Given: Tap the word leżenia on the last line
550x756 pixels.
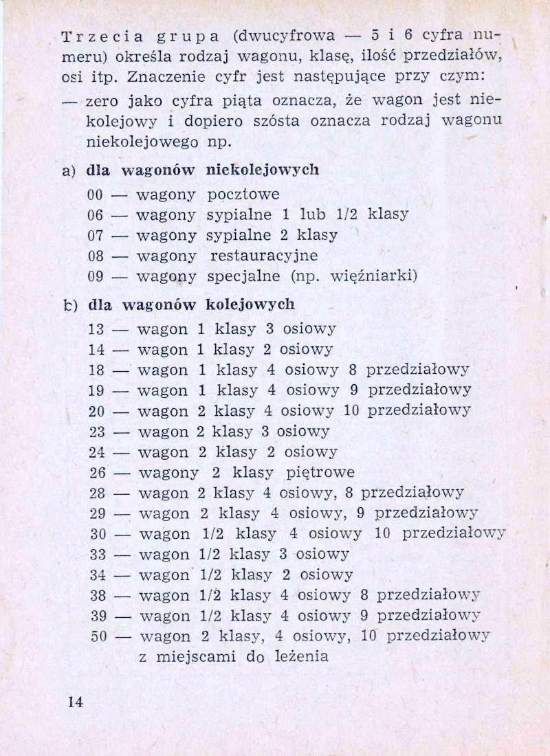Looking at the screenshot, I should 300,656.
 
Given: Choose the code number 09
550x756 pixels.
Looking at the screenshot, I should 96,277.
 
